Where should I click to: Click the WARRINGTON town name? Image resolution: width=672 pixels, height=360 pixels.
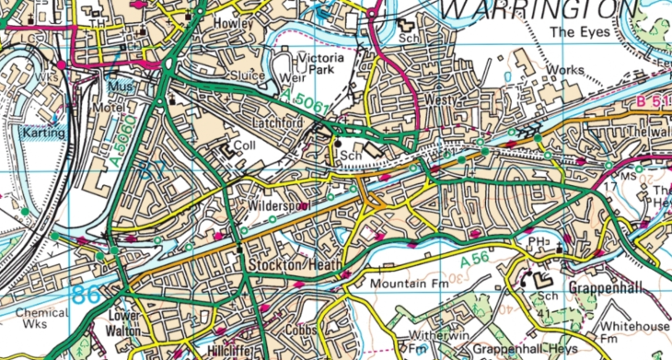click(x=539, y=10)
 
